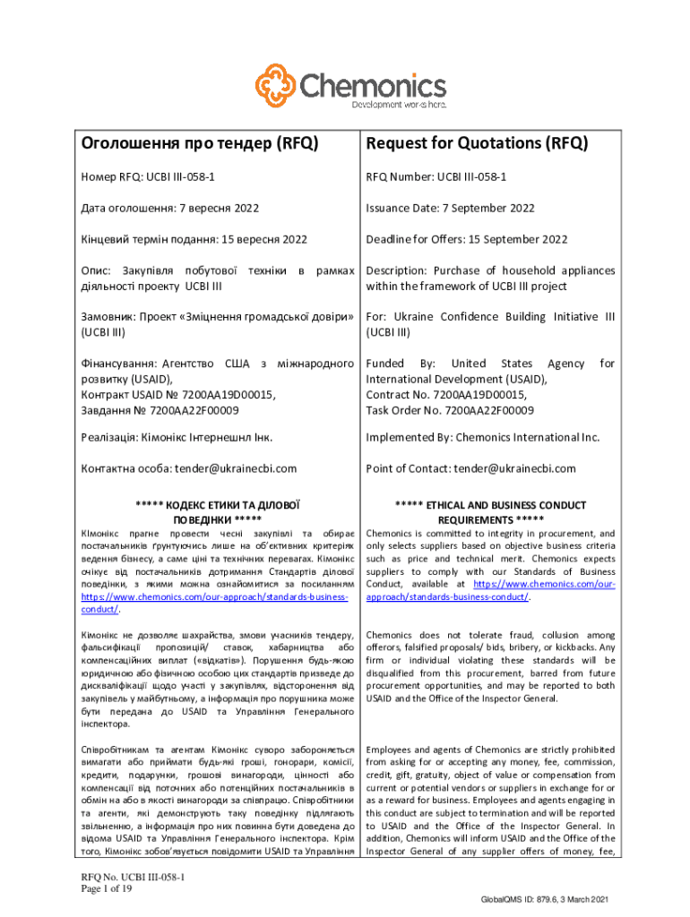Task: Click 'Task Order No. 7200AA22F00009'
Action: click(x=450, y=410)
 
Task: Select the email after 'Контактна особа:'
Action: click(x=236, y=468)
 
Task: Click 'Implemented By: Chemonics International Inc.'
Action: click(x=482, y=438)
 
